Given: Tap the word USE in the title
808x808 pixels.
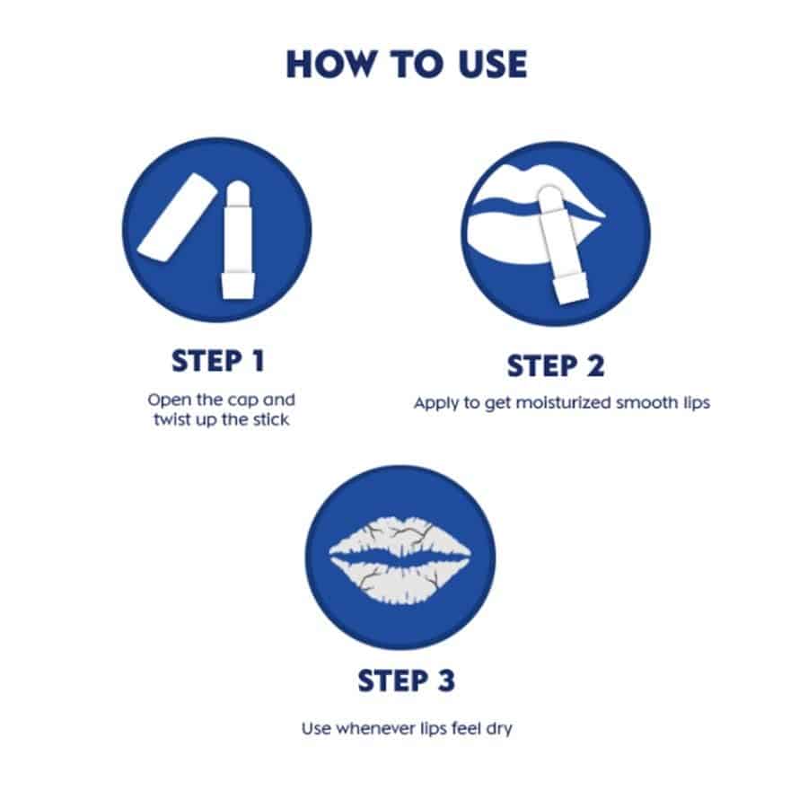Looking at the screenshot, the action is point(493,65).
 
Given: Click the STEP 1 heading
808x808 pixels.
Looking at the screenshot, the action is point(218,361).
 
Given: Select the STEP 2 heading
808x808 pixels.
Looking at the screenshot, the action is point(556,366).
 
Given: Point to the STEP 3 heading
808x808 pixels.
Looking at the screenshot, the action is point(407,681).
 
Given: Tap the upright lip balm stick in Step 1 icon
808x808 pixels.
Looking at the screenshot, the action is point(238,240).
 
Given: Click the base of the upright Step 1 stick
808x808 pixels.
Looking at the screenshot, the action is point(238,285).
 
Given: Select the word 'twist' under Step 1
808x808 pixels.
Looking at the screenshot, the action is point(171,419).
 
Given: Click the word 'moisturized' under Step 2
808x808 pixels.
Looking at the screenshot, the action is point(564,403).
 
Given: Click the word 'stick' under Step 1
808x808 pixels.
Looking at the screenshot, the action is point(271,419).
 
